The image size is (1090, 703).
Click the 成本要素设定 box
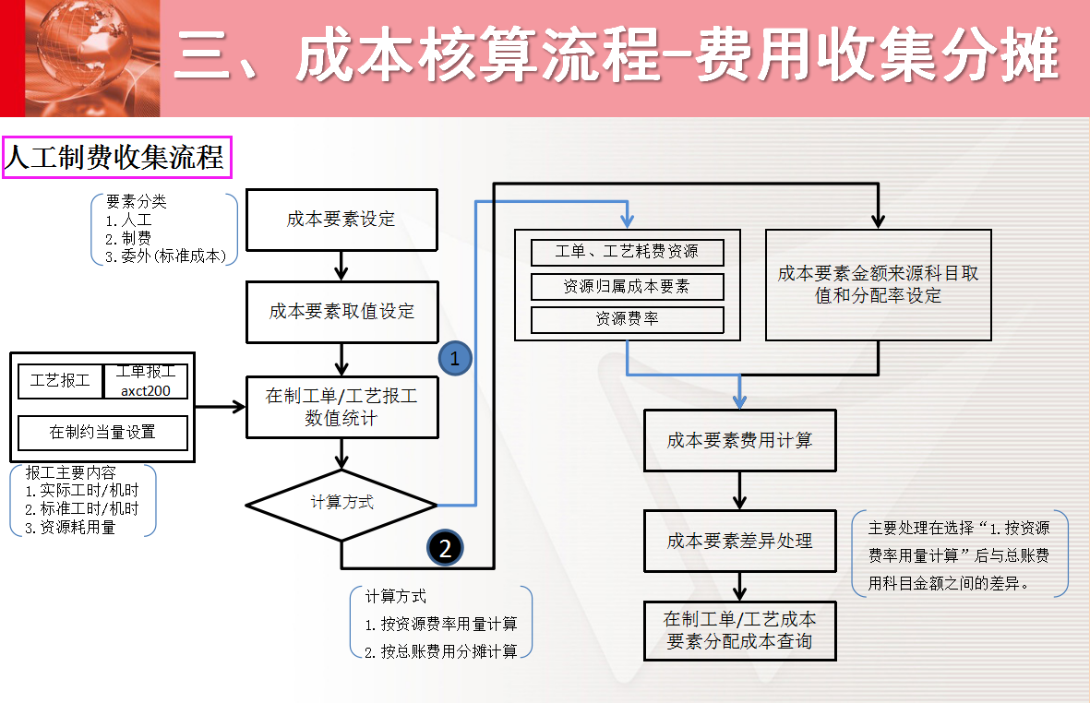click(341, 220)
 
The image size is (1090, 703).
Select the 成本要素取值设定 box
click(341, 312)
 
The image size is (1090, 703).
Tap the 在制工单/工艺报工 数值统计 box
click(341, 407)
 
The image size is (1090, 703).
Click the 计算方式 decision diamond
click(341, 504)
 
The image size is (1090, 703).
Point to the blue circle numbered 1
click(454, 358)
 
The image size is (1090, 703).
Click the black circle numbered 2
click(445, 548)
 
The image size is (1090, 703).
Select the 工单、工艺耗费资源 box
click(627, 252)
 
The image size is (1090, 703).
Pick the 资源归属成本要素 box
click(627, 286)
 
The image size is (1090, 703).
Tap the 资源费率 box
click(627, 320)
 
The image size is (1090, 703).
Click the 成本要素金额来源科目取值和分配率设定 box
click(878, 285)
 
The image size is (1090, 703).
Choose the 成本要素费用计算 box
click(739, 441)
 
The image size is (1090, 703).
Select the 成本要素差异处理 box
click(739, 541)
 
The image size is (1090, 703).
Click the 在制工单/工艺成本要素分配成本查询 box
click(739, 629)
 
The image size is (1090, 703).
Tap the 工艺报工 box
click(60, 380)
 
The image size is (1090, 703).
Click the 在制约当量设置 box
click(102, 432)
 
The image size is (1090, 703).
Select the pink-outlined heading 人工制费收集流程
click(115, 158)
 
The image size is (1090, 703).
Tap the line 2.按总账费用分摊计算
click(440, 650)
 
